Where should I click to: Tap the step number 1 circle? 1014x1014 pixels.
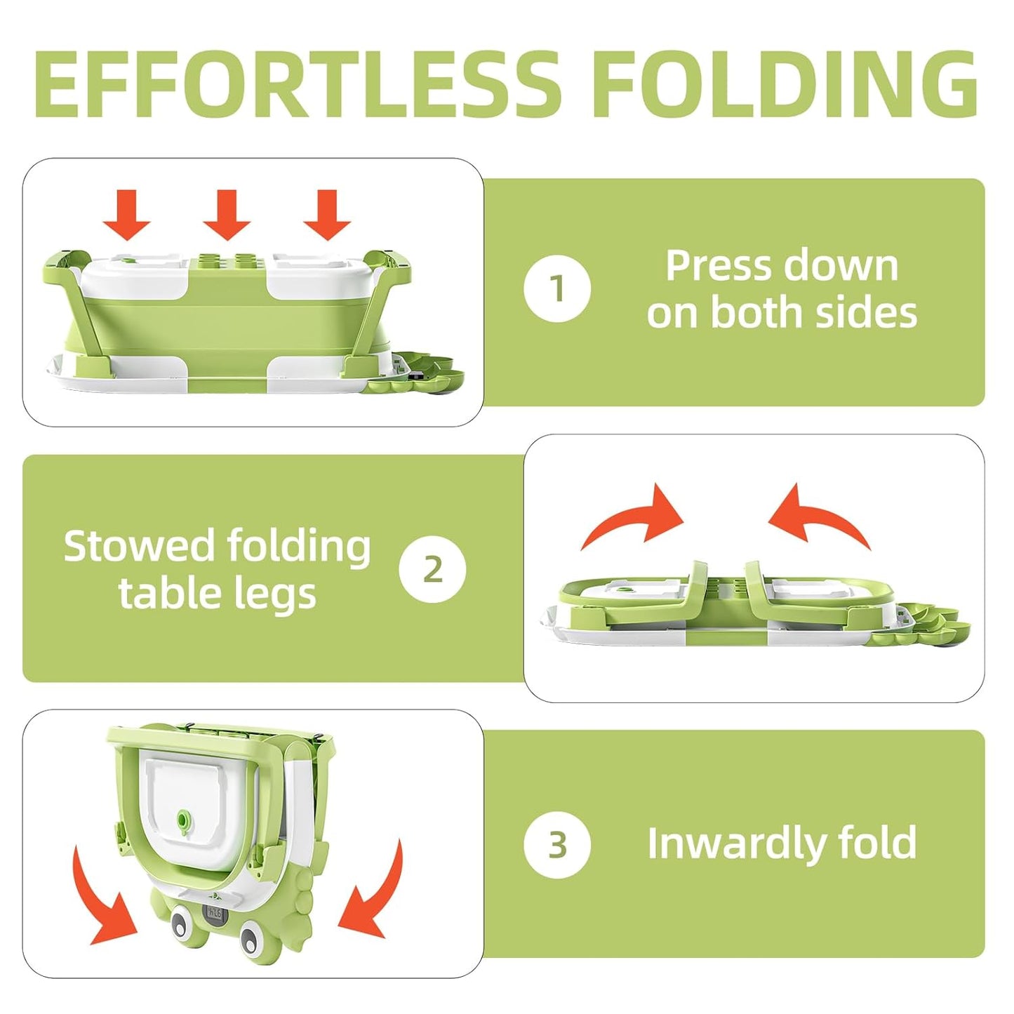click(557, 288)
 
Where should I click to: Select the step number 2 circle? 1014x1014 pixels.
click(432, 569)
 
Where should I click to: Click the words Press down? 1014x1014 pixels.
click(782, 266)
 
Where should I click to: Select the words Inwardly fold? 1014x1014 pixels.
click(782, 843)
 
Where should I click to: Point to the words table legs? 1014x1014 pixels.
click(218, 594)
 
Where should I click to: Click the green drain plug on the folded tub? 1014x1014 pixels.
click(185, 820)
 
